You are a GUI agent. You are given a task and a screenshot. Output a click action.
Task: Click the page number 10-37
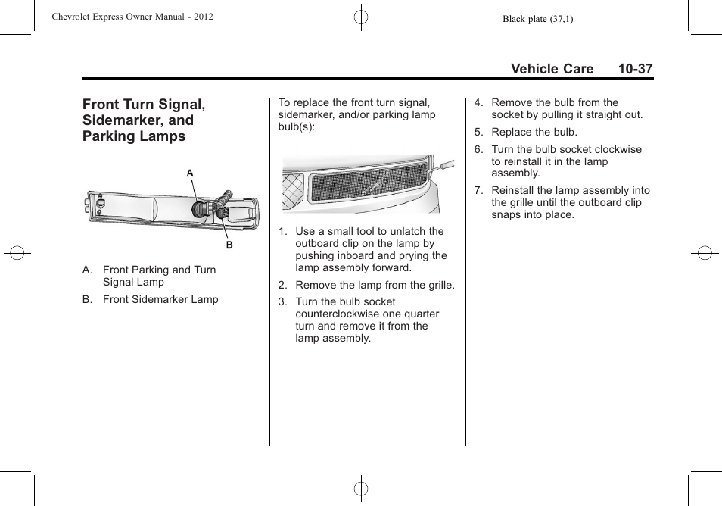coord(634,69)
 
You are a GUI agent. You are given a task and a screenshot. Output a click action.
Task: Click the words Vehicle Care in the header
coord(552,69)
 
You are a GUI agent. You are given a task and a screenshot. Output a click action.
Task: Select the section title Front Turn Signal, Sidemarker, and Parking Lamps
coord(144,120)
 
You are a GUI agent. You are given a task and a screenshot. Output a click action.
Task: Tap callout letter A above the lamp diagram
coord(191,173)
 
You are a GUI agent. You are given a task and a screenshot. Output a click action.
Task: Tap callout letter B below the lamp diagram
coord(229,245)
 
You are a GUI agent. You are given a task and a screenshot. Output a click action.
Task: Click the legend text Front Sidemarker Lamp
coord(160,299)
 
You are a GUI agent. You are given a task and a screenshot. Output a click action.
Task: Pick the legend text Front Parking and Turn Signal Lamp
coord(159,276)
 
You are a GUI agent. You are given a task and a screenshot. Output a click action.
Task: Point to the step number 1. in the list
coord(282,232)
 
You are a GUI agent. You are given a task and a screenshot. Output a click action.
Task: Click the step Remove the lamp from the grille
coord(375,285)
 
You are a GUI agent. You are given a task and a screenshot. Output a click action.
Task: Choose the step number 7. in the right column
coord(478,191)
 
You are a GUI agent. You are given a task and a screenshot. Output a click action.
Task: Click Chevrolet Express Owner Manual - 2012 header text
coord(132,17)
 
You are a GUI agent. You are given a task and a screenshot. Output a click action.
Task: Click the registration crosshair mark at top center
coord(361,17)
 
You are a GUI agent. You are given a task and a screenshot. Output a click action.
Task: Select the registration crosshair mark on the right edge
coord(704,253)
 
